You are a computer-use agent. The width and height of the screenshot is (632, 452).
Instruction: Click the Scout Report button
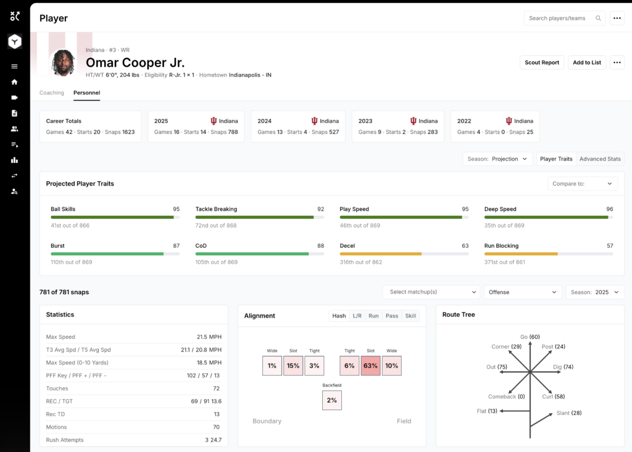542,62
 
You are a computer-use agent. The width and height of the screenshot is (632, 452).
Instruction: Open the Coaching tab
52,92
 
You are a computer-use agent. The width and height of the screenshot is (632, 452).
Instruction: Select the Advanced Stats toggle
600,158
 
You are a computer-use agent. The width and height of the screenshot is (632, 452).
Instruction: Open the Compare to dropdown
582,184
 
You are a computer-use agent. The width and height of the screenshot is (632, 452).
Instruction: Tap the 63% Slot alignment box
370,366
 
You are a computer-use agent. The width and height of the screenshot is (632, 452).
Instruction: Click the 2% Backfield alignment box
331,400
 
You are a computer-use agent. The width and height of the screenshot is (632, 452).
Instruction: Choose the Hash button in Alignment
339,316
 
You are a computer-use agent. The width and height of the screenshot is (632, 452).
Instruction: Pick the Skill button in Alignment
410,316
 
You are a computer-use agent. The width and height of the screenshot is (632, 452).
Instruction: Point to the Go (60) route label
530,337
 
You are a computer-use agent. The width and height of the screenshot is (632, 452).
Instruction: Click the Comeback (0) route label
506,397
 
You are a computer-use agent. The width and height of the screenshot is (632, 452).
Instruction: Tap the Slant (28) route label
568,413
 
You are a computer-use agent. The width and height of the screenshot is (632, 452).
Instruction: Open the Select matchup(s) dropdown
431,292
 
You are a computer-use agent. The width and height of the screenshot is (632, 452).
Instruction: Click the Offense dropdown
522,292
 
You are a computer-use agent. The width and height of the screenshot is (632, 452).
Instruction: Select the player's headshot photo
64,62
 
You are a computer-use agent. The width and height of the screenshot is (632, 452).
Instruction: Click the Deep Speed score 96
609,209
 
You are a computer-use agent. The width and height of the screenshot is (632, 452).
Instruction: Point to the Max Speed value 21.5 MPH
209,337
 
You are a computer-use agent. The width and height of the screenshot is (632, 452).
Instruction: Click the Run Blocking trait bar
549,254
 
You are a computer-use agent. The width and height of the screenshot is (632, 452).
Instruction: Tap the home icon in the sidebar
15,82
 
